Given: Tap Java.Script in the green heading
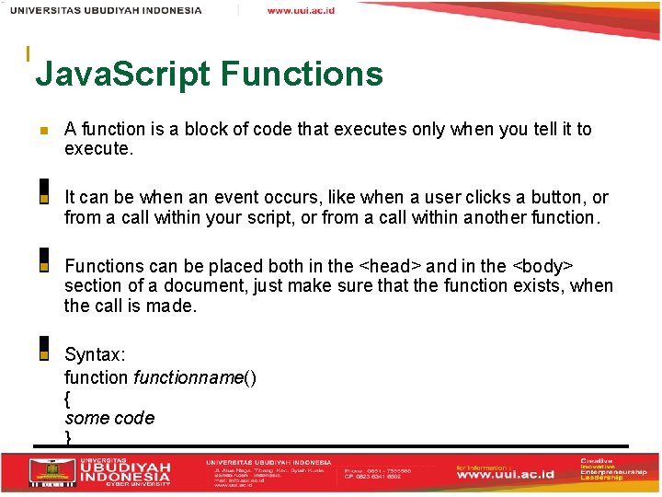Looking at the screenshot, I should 123,74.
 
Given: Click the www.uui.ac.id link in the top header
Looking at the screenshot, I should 301,10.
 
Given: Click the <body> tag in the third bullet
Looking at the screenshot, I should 542,266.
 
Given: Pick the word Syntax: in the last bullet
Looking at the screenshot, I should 95,355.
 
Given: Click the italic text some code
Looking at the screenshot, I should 109,418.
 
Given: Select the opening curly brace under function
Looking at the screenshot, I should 68,398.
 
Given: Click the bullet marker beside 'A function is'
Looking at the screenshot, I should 43,131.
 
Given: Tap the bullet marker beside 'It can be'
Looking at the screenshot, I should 43,198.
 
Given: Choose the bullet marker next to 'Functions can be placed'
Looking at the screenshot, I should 43,266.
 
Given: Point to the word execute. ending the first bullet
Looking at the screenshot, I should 99,149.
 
